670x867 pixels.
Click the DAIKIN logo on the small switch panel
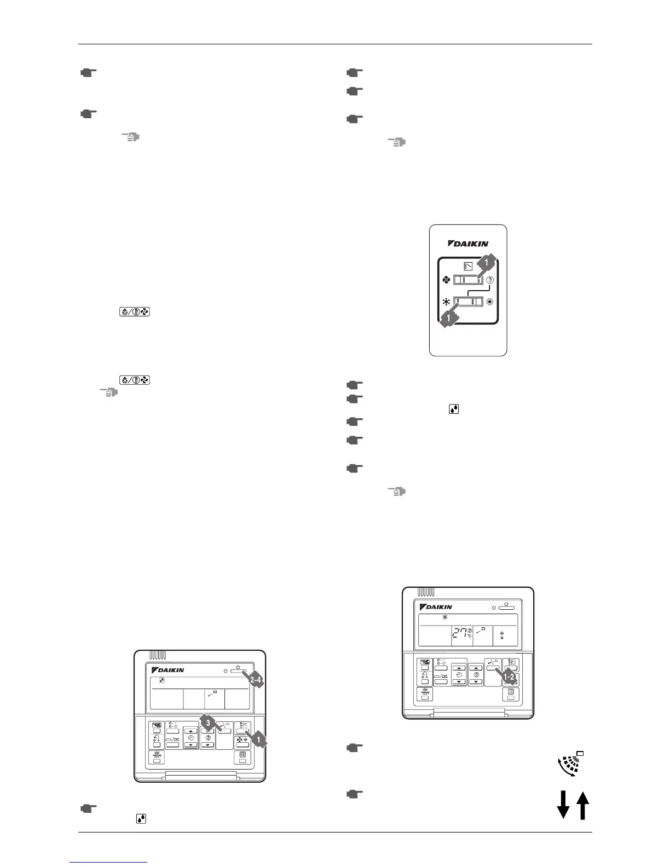pos(468,244)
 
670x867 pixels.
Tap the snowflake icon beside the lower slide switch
pos(445,302)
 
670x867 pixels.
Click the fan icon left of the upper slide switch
pos(445,279)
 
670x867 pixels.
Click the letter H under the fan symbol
pos(502,639)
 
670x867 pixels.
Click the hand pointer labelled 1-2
pos(509,677)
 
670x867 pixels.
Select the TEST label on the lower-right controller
pos(425,693)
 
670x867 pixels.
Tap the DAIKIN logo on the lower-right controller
pos(436,607)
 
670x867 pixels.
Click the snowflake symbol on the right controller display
pos(445,617)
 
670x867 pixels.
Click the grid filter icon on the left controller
pos(242,754)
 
